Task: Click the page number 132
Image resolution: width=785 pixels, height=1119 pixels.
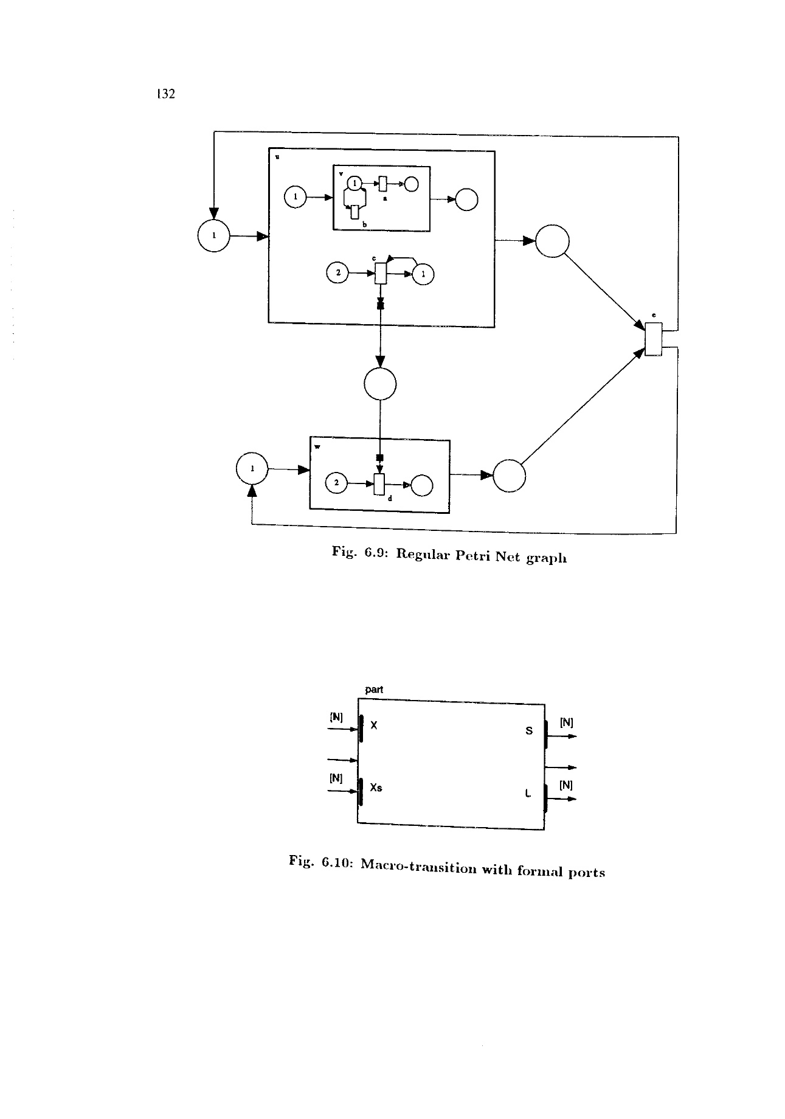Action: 165,94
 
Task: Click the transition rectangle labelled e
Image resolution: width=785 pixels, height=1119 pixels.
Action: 653,339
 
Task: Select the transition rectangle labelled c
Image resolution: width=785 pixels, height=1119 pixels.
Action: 381,273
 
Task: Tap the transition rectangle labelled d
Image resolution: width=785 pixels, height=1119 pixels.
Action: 379,483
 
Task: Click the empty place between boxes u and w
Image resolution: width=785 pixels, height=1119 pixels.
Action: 380,384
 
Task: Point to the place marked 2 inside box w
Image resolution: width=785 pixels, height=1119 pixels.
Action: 337,483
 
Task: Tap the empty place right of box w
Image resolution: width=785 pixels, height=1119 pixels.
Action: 510,476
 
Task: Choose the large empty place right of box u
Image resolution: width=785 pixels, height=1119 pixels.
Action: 552,241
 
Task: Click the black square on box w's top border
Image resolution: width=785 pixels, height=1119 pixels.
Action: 379,457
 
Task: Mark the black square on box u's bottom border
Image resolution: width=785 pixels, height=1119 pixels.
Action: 381,306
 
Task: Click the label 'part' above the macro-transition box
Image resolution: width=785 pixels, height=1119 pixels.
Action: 374,690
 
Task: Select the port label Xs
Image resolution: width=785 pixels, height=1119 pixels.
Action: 376,788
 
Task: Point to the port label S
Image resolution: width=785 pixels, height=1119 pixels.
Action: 528,730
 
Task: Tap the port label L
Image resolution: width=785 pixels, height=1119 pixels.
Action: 528,793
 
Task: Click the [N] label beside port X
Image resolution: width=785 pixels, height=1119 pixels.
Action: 336,716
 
